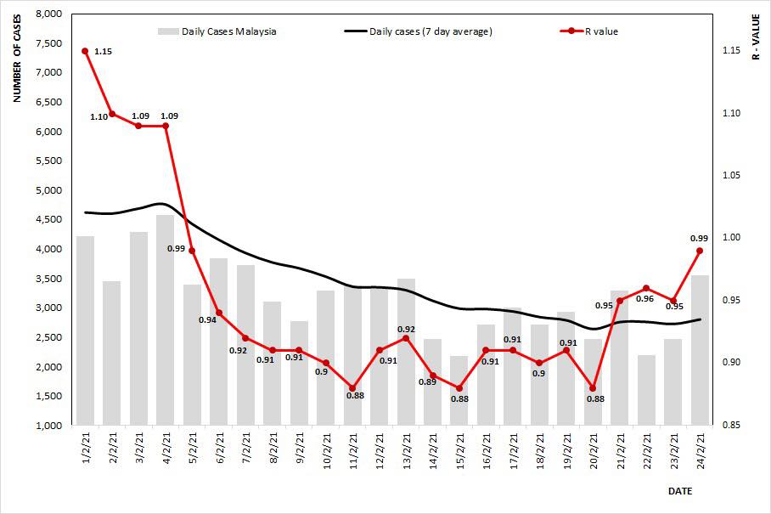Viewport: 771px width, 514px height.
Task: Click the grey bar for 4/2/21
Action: [166, 319]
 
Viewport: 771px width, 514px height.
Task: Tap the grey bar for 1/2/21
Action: [85, 330]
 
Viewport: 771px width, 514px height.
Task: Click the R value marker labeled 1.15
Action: [85, 51]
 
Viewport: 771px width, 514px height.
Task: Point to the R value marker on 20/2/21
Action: [593, 388]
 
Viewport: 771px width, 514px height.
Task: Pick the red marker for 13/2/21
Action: [406, 338]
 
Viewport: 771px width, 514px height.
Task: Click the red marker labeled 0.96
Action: [646, 288]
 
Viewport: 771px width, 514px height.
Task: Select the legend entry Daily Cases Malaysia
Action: [217, 31]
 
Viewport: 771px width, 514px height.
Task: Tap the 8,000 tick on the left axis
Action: [51, 14]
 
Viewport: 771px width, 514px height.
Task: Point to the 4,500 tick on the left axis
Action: [51, 220]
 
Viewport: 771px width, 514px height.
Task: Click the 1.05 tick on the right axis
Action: [728, 176]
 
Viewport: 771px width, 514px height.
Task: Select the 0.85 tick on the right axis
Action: [728, 426]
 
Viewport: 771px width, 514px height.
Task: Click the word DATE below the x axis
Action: [679, 491]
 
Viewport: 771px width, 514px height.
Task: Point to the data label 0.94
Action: [206, 319]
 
